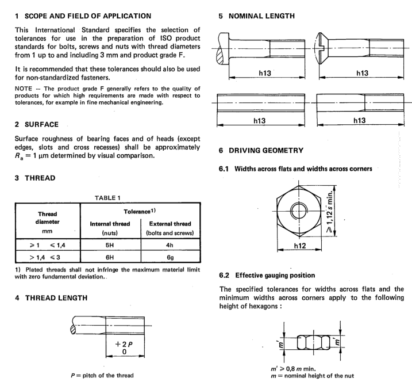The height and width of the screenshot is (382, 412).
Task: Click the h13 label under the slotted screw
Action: (x=361, y=74)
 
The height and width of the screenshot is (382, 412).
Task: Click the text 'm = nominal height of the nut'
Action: (x=311, y=375)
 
